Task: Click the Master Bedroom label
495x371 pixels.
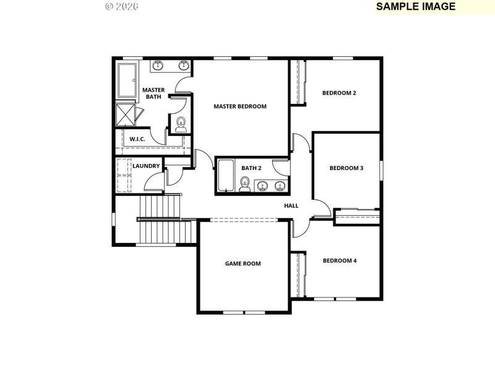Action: point(240,106)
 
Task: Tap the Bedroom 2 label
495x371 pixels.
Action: point(339,93)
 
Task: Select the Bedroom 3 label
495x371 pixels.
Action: point(346,168)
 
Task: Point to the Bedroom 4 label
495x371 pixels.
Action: point(340,261)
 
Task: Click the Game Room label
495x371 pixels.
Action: point(243,263)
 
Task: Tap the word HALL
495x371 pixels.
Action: point(291,206)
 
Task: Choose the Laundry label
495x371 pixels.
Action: point(146,166)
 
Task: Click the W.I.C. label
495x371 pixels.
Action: point(137,139)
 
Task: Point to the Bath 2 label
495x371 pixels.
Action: point(251,168)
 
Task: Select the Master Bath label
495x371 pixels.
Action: point(153,93)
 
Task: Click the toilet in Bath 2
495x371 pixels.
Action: point(245,184)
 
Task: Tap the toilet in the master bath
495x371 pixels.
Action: point(181,123)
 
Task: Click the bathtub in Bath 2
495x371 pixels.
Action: point(225,176)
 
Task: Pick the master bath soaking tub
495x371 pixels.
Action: point(129,80)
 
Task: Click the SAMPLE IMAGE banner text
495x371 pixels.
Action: point(415,7)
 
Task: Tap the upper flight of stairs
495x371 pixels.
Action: point(159,207)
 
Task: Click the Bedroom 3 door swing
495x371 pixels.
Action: point(321,208)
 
